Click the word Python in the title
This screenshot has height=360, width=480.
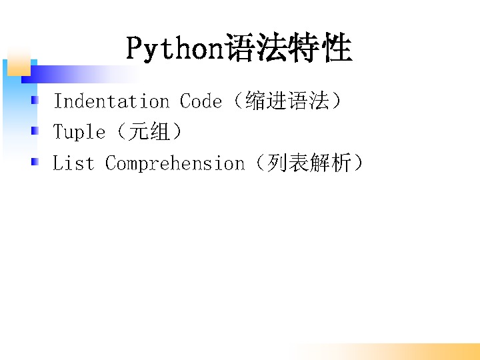click(x=175, y=49)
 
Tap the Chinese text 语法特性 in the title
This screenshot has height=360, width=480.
click(x=289, y=47)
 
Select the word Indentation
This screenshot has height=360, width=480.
click(x=111, y=101)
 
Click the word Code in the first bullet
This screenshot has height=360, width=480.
click(x=201, y=101)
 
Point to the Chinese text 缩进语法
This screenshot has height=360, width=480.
click(x=287, y=101)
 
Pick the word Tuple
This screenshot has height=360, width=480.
click(x=79, y=132)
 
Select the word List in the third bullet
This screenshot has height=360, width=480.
click(x=73, y=162)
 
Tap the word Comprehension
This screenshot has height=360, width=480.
click(x=175, y=163)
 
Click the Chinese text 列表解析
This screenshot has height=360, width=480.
click(x=309, y=162)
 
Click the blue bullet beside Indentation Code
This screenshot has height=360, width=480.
click(x=35, y=100)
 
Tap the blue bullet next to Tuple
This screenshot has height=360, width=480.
click(x=35, y=131)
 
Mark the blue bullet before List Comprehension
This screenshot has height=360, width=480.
click(x=35, y=161)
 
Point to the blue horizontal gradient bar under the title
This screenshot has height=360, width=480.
click(x=80, y=74)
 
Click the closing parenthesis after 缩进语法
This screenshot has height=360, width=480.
click(x=336, y=101)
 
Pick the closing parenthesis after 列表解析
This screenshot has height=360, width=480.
click(x=357, y=162)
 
